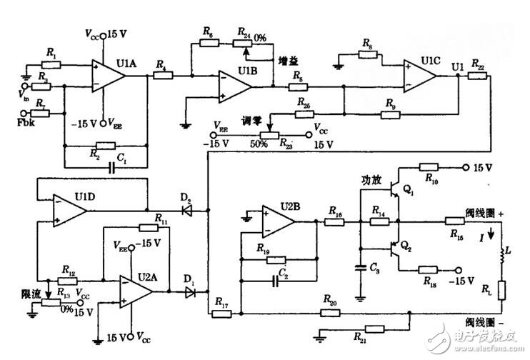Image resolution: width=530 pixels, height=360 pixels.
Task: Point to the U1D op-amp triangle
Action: tap(69, 211)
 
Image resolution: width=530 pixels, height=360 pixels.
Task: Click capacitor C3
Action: tap(360, 267)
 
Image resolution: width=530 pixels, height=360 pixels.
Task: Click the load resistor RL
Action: tap(502, 290)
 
